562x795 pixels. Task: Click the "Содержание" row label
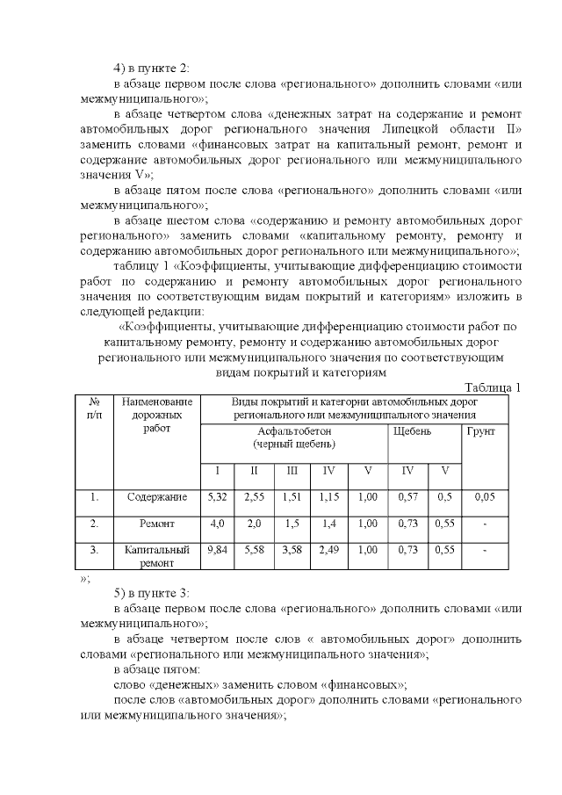156,497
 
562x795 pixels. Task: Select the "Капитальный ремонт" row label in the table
156,556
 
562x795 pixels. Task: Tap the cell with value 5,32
217,497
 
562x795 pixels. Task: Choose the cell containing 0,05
483,497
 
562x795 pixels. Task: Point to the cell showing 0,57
407,497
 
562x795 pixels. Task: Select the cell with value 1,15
329,497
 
